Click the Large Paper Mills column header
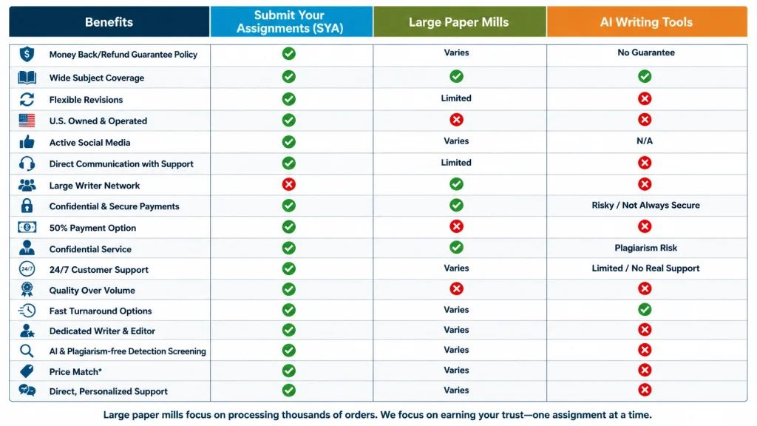coord(459,21)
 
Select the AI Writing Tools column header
coord(647,21)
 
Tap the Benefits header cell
coord(109,21)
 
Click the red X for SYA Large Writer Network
coord(289,184)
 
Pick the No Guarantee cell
coord(646,53)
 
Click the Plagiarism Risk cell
coord(645,248)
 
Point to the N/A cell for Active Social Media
coord(645,141)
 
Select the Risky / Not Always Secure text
coord(645,206)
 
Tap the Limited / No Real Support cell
coord(645,268)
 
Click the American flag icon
coord(27,121)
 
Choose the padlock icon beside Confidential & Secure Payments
coord(27,206)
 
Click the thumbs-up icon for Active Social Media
coord(27,142)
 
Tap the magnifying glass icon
coord(27,351)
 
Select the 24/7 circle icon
coord(27,268)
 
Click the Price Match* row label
coord(75,372)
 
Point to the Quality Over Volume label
coord(92,290)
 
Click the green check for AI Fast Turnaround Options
coord(645,310)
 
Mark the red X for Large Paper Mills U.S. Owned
coord(456,120)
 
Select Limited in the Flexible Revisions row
coord(456,98)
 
